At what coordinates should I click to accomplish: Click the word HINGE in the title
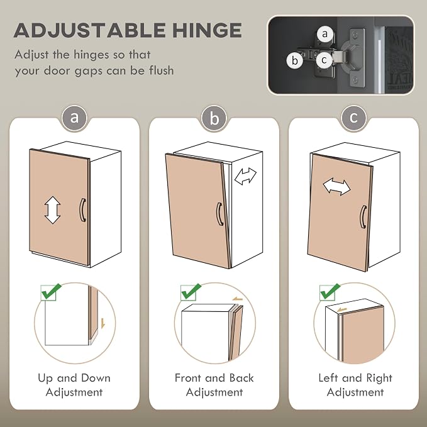point(207,30)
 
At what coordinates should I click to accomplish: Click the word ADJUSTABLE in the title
point(89,30)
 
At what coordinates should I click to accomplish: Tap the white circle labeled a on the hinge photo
point(324,34)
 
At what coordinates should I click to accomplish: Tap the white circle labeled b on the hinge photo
point(295,60)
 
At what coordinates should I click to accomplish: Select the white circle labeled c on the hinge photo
point(324,59)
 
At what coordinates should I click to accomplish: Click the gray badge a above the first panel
point(74,118)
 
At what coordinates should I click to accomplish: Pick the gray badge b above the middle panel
point(214,118)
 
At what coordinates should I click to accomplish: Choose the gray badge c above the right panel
point(354,118)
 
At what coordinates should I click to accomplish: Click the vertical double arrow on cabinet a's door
point(53,210)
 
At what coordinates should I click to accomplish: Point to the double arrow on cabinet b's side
point(245,176)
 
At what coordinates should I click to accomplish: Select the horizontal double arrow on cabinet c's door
point(336,187)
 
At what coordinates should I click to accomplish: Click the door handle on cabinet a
point(83,210)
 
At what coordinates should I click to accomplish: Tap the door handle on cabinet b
point(219,214)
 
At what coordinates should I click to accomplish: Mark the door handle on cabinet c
point(363,217)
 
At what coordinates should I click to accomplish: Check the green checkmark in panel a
point(52,291)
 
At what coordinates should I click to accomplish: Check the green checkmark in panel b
point(191,291)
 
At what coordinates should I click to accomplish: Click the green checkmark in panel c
point(330,291)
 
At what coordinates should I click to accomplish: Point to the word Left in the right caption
point(328,378)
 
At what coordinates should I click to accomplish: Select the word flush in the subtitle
point(162,70)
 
